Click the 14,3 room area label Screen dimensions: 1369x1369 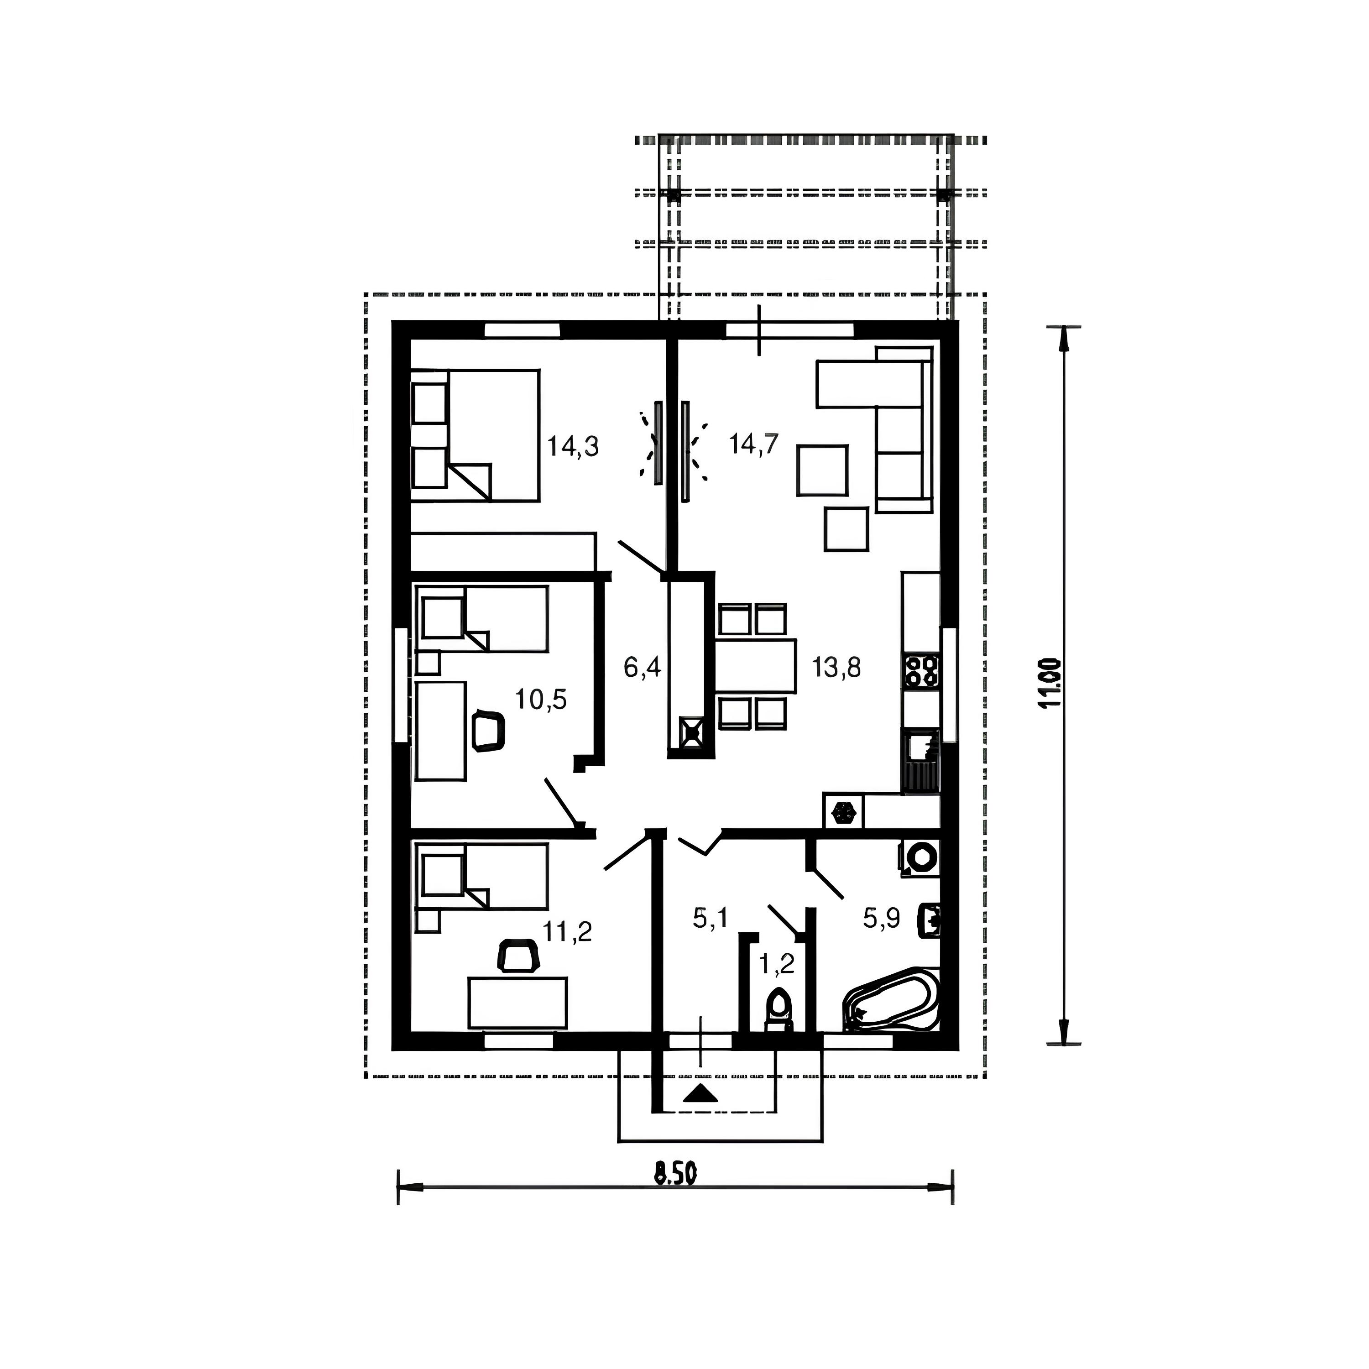coord(573,446)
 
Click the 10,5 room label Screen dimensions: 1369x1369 coord(541,700)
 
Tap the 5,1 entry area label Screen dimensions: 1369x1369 coord(711,919)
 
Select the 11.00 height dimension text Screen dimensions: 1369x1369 coord(1051,683)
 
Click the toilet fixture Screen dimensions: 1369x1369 coord(779,1010)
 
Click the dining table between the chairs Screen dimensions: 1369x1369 coord(755,666)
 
